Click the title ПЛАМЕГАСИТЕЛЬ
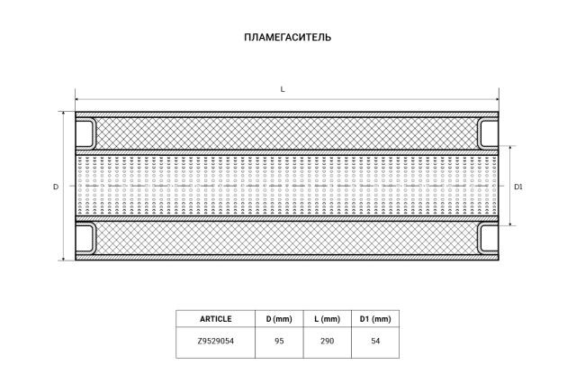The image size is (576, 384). tap(288, 38)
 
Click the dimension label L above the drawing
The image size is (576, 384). tap(283, 88)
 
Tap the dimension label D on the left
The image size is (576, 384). tap(55, 187)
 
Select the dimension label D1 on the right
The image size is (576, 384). tap(518, 187)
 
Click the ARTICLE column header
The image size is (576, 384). tap(216, 319)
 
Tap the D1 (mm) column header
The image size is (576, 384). tap(375, 319)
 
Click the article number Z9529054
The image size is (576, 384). tap(216, 342)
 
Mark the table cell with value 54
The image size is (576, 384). tap(375, 342)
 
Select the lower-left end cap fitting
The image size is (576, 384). tap(87, 239)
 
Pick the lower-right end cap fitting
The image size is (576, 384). tap(487, 239)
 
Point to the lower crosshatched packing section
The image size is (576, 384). tap(287, 239)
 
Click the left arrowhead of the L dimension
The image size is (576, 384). tap(77, 99)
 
